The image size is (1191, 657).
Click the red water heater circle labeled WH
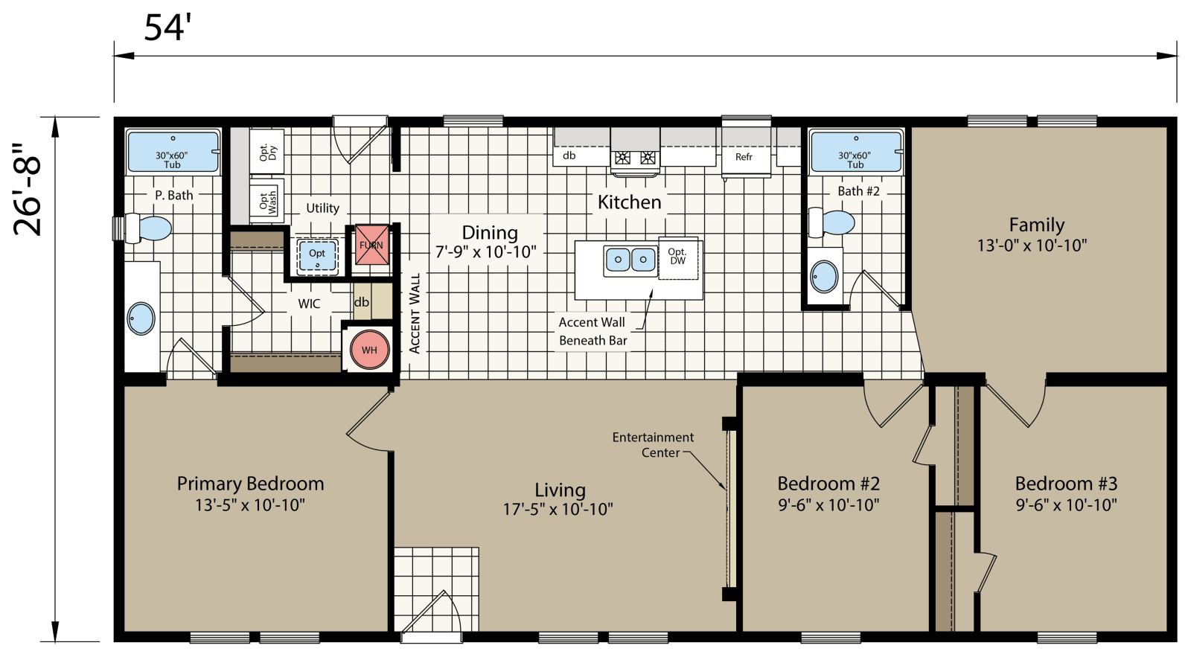coord(369,350)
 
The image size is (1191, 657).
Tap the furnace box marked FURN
coord(371,245)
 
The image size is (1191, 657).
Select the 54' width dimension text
coord(167,28)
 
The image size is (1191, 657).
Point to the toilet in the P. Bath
coord(149,228)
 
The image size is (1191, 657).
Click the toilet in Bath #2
coord(833,222)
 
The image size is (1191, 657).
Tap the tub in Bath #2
coord(855,152)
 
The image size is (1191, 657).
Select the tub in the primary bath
coord(173,152)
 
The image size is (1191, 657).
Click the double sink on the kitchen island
coord(630,260)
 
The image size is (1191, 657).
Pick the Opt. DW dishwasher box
coord(677,257)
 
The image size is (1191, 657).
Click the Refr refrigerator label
coord(744,157)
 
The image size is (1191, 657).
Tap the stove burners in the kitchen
coord(635,158)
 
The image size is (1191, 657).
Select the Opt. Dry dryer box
coord(266,152)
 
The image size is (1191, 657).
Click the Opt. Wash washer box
coord(266,199)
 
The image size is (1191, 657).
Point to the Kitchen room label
coord(629,202)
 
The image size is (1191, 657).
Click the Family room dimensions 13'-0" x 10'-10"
coord(1032,246)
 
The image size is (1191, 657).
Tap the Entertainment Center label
coord(653,445)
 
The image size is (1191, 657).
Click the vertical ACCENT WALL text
coord(415,313)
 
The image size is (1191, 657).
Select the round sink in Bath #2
coord(824,277)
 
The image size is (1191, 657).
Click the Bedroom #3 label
coord(1066,484)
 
